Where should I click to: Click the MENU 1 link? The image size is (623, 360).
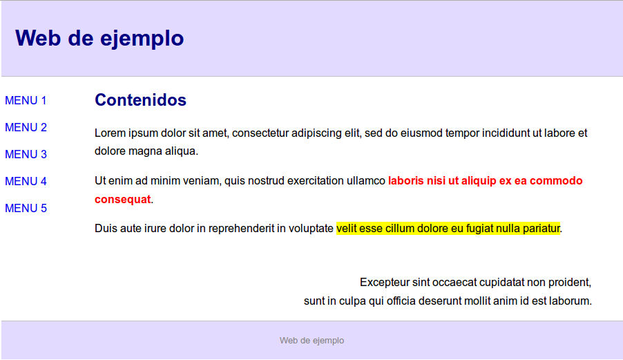(x=26, y=100)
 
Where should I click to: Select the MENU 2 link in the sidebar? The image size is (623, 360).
(x=26, y=128)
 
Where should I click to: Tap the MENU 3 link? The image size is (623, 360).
(x=26, y=155)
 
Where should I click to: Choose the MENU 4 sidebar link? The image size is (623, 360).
(x=26, y=182)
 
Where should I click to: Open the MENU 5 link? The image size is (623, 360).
(x=26, y=209)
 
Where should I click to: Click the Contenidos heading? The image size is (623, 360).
(x=140, y=100)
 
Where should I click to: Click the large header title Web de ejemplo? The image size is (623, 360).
(x=99, y=39)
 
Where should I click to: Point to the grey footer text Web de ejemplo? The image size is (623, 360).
(x=312, y=341)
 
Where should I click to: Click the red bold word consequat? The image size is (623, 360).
(x=123, y=200)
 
